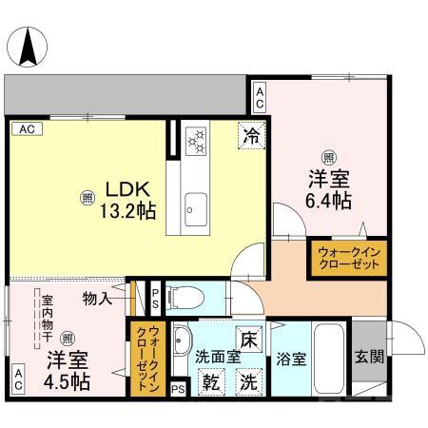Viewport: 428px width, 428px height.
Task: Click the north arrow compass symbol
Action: [29, 42]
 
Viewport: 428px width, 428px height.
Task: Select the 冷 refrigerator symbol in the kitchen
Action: [250, 136]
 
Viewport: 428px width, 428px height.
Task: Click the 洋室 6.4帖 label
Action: [328, 187]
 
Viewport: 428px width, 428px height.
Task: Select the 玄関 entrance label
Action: [370, 359]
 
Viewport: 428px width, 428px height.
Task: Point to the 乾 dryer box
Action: [209, 382]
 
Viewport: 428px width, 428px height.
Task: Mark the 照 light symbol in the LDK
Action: [87, 198]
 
